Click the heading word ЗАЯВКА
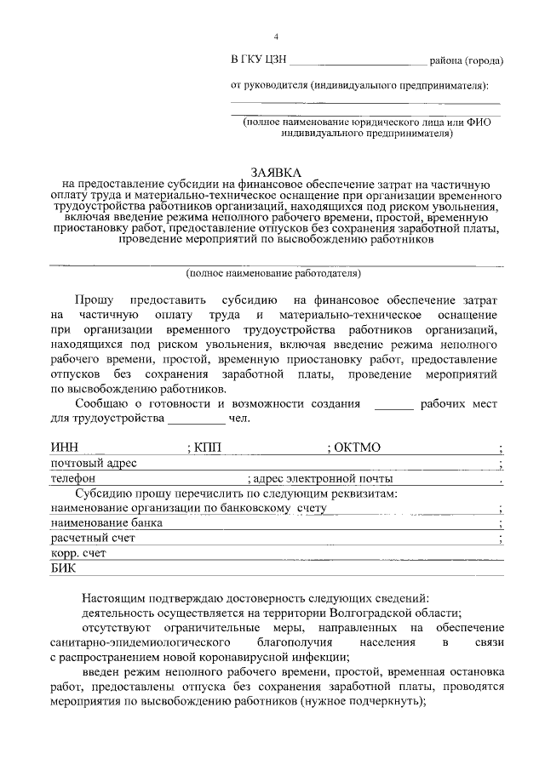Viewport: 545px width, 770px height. pyautogui.click(x=274, y=172)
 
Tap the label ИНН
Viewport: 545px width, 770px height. pyautogui.click(x=65, y=448)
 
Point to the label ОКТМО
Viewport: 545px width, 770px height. pyautogui.click(x=356, y=448)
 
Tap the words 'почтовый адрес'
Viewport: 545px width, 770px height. pyautogui.click(x=94, y=464)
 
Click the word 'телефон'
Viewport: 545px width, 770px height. pyautogui.click(x=74, y=479)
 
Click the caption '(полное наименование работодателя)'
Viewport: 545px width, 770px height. pyautogui.click(x=273, y=273)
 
